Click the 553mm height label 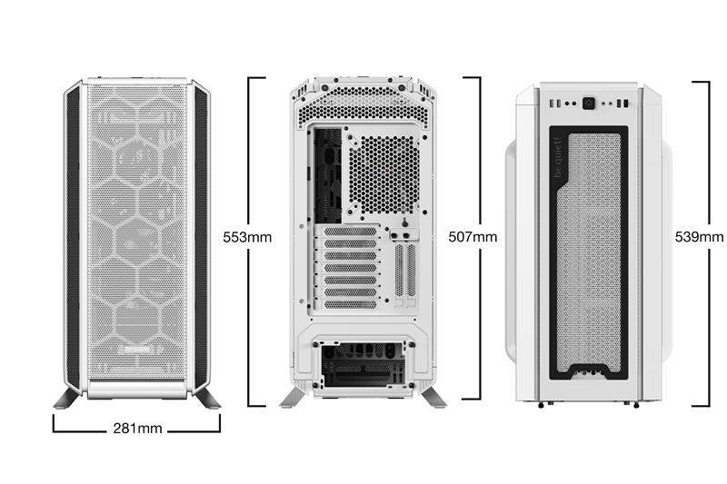[247, 238]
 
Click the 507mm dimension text [473, 238]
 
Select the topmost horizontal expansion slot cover [345, 232]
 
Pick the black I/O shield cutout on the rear [326, 173]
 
